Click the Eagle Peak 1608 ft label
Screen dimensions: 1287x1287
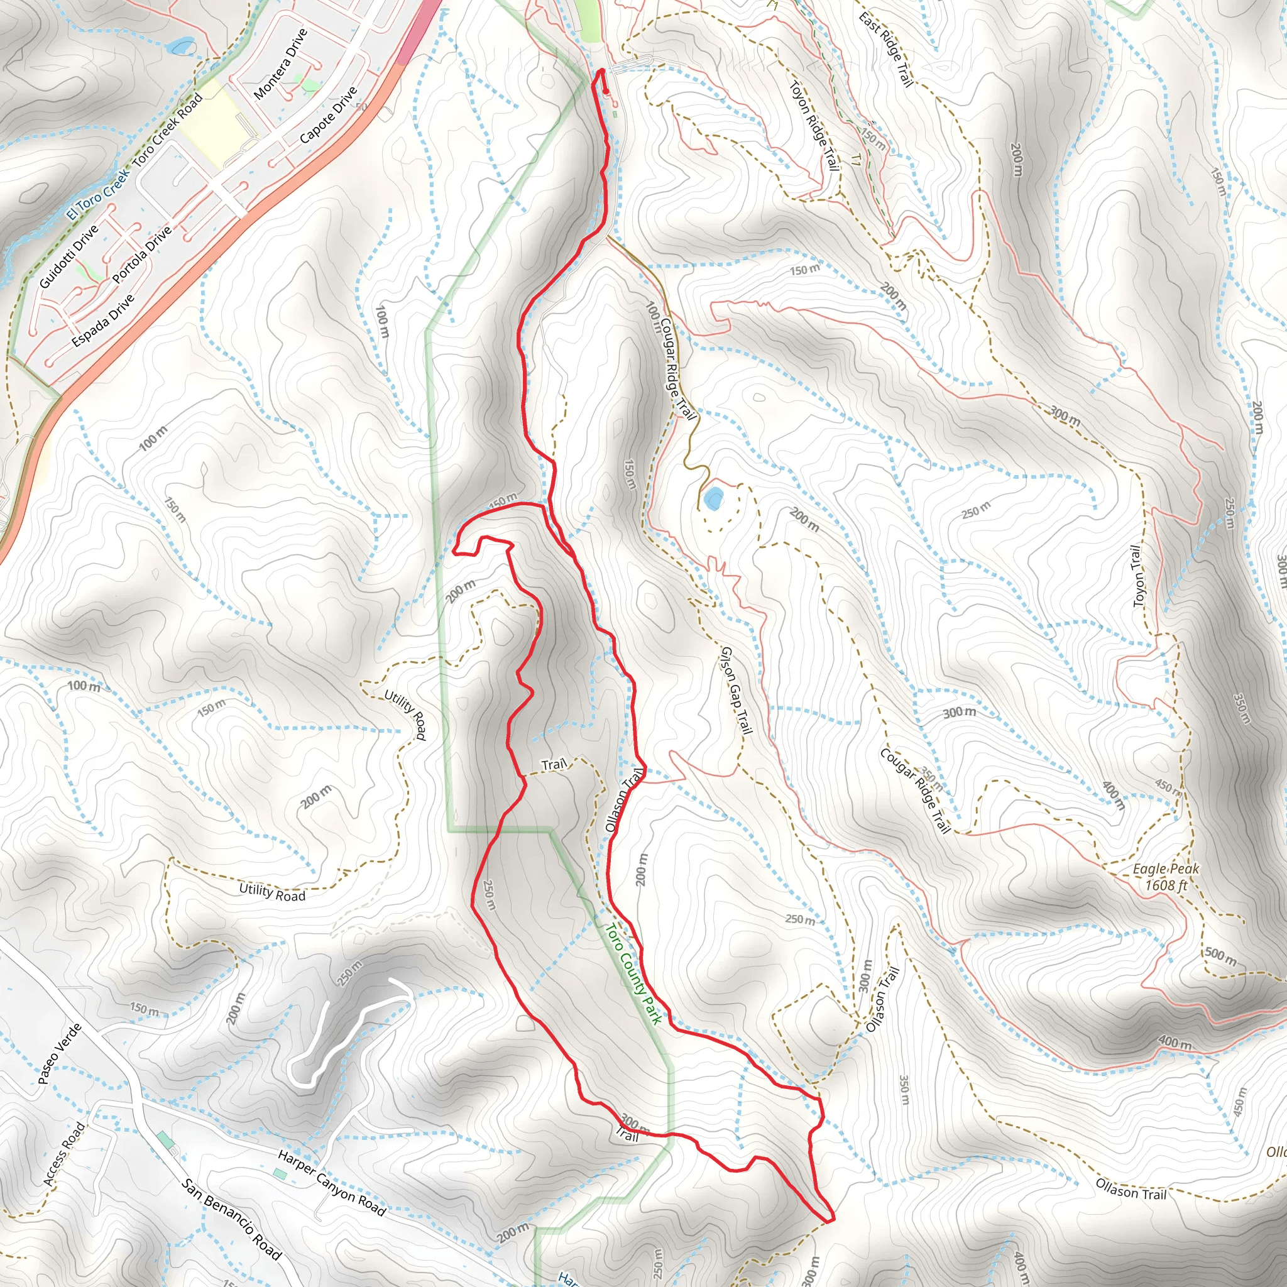click(1166, 877)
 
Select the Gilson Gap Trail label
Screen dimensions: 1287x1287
click(736, 690)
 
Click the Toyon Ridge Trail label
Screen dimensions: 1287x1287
click(814, 125)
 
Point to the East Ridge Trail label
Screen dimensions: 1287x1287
click(886, 48)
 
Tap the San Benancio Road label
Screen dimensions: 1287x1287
click(232, 1219)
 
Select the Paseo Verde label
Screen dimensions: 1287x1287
click(59, 1053)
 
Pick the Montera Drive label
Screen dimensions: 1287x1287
click(280, 64)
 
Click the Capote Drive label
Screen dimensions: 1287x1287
click(329, 114)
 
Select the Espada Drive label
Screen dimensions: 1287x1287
click(102, 320)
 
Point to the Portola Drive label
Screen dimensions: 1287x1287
click(142, 255)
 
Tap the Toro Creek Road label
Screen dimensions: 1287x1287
click(167, 131)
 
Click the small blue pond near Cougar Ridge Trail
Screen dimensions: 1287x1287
click(713, 498)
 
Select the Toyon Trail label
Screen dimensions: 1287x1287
click(1139, 576)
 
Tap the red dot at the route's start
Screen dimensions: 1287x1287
click(606, 92)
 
